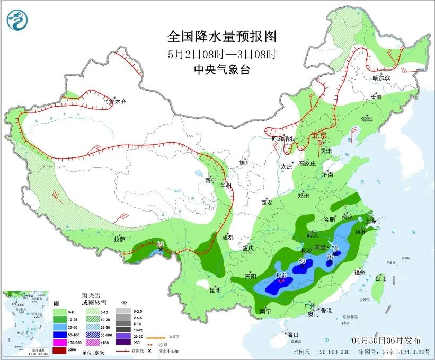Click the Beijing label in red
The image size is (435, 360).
321,136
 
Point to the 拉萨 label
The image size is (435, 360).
120,239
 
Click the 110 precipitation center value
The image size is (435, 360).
281,275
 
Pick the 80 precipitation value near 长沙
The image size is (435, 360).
303,261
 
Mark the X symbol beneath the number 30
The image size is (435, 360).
160,249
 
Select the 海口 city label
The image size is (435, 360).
293,335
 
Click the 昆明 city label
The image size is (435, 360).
215,289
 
